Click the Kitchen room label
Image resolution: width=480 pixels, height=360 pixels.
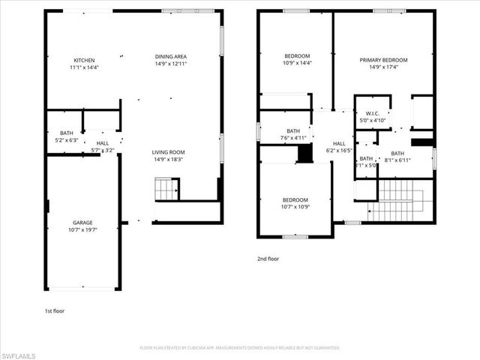pos(84,64)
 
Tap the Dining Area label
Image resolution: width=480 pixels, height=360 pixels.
pos(172,61)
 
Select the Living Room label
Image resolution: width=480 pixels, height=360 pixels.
pos(169,154)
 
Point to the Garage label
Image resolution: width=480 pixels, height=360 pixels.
pos(82,226)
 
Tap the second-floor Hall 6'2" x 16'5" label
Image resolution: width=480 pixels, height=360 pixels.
pos(339,147)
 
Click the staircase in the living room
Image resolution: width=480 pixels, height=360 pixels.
pos(167,190)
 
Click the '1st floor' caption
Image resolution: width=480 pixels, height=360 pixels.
pos(54,310)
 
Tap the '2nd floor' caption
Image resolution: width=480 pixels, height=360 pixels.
pos(268,259)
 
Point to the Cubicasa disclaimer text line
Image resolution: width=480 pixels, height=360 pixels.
pos(240,348)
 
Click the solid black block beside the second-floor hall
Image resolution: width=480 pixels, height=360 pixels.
pos(304,153)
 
